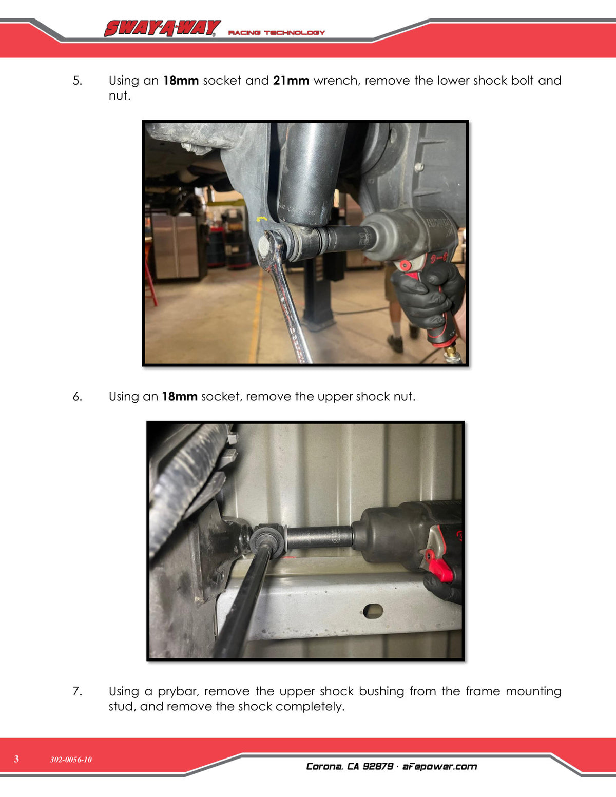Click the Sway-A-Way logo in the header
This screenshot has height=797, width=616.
[163, 28]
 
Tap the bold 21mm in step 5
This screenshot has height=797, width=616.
[291, 81]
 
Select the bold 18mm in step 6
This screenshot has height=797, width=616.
[180, 397]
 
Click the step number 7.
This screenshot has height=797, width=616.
[77, 691]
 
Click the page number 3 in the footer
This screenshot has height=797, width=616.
[16, 759]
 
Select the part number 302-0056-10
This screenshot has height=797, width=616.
[71, 760]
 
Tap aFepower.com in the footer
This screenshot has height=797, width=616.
[439, 766]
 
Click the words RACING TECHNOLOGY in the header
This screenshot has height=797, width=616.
[276, 33]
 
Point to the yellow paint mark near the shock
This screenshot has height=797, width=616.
[262, 219]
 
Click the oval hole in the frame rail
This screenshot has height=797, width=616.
[373, 611]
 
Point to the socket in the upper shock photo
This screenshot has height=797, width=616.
[320, 538]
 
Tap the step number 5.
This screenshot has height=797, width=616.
[77, 81]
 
